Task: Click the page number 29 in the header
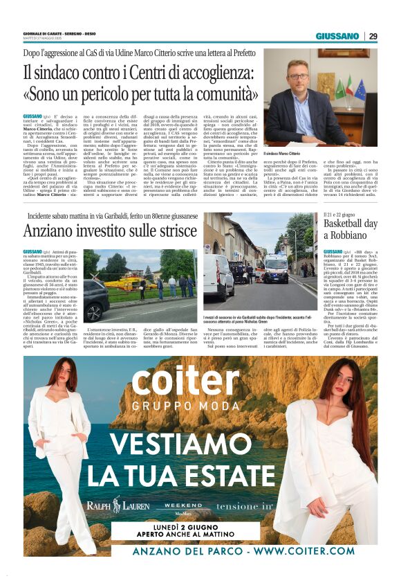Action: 373,36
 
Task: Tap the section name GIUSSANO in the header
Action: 337,36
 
